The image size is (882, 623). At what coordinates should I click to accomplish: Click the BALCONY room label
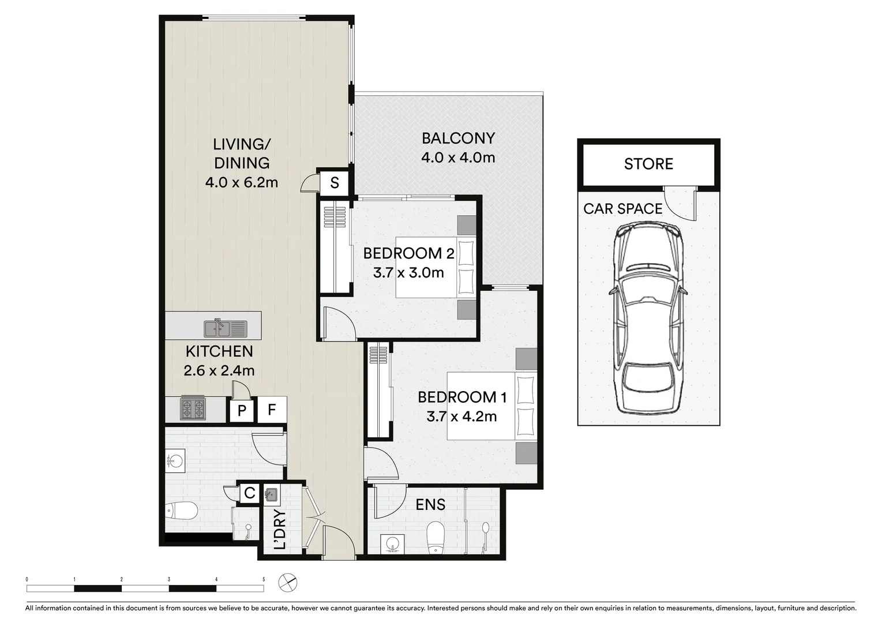pyautogui.click(x=458, y=138)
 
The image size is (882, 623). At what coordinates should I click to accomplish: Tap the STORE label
pyautogui.click(x=648, y=164)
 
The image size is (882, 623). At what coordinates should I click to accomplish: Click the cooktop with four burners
pyautogui.click(x=193, y=409)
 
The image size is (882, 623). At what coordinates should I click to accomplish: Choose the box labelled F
pyautogui.click(x=272, y=410)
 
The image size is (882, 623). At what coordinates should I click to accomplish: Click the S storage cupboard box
pyautogui.click(x=335, y=183)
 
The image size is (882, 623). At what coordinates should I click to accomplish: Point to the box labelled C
pyautogui.click(x=249, y=493)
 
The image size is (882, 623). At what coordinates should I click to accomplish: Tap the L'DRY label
pyautogui.click(x=280, y=530)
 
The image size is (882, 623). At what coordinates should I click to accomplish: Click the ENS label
pyautogui.click(x=430, y=505)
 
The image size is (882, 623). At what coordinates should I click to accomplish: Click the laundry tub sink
pyautogui.click(x=271, y=494)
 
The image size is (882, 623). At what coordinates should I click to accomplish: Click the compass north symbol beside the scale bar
pyautogui.click(x=287, y=583)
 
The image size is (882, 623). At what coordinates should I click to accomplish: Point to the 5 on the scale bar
pyautogui.click(x=264, y=579)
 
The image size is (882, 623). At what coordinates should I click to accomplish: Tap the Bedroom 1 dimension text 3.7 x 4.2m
pyautogui.click(x=461, y=416)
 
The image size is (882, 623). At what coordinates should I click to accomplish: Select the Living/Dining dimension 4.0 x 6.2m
pyautogui.click(x=242, y=183)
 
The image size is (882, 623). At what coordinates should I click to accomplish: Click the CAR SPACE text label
pyautogui.click(x=622, y=209)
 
